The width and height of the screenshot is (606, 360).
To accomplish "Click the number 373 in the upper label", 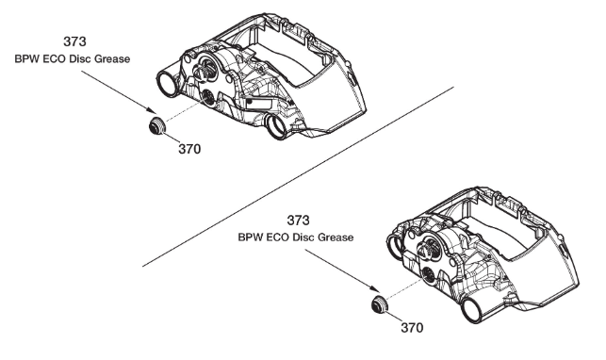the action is pos(74,41).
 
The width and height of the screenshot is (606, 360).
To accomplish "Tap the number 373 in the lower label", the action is pos(298,221).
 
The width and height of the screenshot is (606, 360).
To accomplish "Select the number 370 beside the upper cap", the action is pos(189,149).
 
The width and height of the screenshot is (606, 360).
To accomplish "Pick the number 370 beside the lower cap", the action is pos(412,328).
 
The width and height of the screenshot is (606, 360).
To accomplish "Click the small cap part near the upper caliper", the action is pos(157,125).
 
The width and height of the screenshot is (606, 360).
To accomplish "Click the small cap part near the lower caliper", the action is pos(380,304).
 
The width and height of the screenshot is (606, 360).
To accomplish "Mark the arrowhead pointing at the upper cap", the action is pos(151,110).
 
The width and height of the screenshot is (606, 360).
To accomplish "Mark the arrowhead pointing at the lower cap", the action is pos(374,289).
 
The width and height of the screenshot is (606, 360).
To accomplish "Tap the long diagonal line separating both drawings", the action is pos(298,176).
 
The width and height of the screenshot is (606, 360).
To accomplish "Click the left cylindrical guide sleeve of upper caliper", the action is pos(167,84).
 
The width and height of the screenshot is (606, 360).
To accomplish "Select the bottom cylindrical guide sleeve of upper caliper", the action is pos(277,126).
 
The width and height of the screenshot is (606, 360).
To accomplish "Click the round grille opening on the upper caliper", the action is pos(208,98).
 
